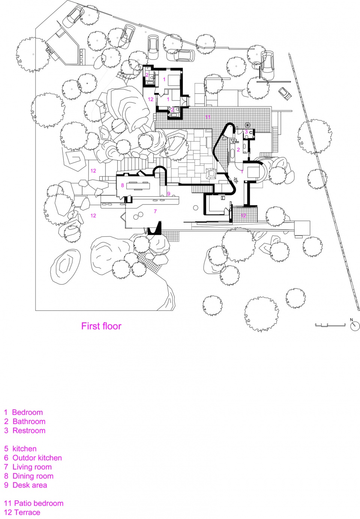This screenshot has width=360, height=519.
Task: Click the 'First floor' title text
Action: pyautogui.click(x=101, y=326)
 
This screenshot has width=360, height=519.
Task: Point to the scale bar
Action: pyautogui.click(x=330, y=325)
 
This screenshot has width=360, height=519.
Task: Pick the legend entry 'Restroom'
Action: pyautogui.click(x=25, y=430)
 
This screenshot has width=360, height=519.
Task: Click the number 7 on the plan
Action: pyautogui.click(x=155, y=211)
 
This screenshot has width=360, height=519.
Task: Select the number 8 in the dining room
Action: pyautogui.click(x=123, y=185)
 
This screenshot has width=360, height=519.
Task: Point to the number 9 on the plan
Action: pyautogui.click(x=168, y=194)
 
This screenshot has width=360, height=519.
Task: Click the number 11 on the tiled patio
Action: pyautogui.click(x=208, y=117)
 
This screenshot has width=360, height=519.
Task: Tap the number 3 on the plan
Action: pyautogui.click(x=246, y=132)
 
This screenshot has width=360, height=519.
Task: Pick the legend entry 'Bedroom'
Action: pyautogui.click(x=23, y=412)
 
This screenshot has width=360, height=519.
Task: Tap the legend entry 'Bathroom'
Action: pyautogui.click(x=24, y=421)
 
